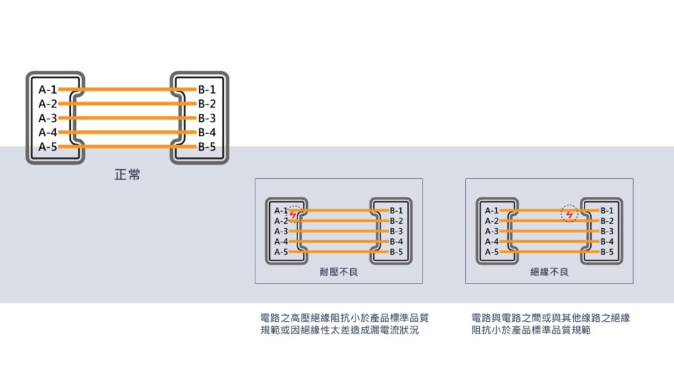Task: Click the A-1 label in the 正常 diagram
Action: [47, 89]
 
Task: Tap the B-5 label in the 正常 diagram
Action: [207, 147]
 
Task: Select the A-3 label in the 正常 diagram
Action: [47, 118]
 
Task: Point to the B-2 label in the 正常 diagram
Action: [207, 103]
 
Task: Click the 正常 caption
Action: [127, 174]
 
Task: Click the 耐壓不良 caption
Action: [339, 272]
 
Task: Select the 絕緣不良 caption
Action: [550, 272]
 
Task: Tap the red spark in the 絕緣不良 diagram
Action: [569, 215]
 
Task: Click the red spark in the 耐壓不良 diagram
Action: [293, 215]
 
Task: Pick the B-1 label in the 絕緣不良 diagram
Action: [607, 211]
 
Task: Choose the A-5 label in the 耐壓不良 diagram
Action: [281, 252]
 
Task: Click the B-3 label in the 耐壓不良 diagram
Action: [396, 231]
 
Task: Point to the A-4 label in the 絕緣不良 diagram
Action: [492, 241]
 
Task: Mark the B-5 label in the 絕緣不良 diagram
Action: [607, 252]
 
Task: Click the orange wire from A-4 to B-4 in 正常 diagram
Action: [127, 132]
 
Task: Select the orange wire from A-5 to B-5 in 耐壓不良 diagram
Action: [339, 252]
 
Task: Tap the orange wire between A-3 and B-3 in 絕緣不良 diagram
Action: [550, 231]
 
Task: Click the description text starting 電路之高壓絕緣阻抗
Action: [344, 324]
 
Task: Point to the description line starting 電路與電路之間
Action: [551, 318]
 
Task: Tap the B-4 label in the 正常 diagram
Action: [207, 132]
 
